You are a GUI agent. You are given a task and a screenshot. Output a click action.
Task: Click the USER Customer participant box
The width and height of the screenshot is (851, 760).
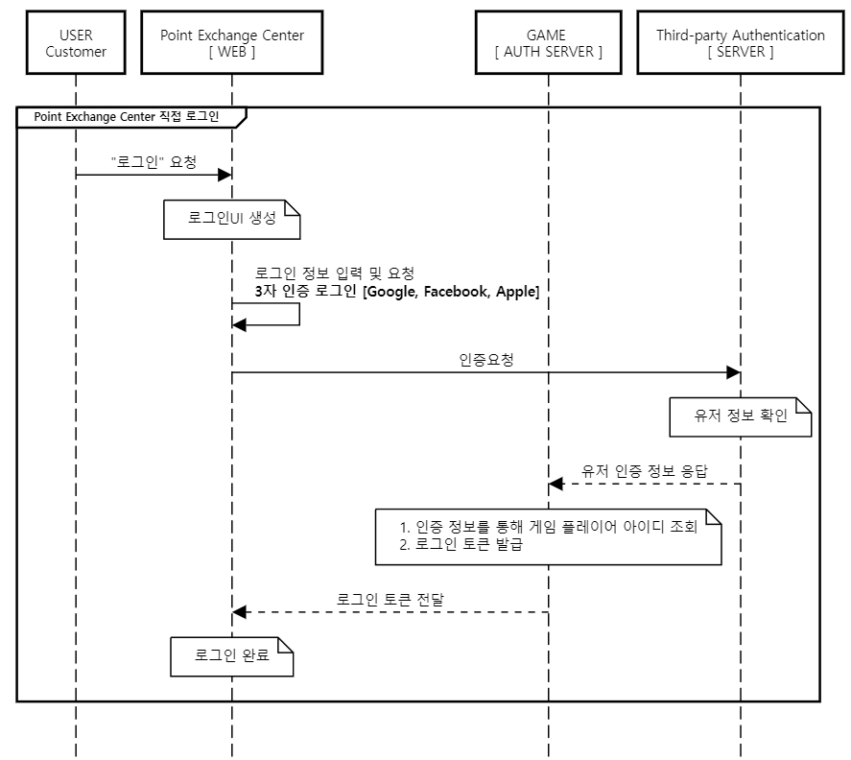[x=76, y=44]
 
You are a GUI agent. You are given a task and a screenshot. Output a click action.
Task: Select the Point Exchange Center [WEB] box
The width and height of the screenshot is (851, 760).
[x=231, y=44]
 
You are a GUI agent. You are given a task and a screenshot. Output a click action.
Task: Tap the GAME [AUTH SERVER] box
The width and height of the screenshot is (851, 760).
[x=548, y=44]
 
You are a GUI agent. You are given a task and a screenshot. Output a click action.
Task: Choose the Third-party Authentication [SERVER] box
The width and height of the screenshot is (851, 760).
[x=740, y=44]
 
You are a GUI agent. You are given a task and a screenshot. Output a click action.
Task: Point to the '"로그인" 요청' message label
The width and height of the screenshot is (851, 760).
[x=154, y=162]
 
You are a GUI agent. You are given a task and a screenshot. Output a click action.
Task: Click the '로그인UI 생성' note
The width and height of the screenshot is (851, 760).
[x=231, y=218]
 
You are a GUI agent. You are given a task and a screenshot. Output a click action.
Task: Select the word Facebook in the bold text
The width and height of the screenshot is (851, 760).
[x=456, y=292]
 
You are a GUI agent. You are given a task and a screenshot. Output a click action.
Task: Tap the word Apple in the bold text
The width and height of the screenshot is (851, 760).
[x=517, y=292]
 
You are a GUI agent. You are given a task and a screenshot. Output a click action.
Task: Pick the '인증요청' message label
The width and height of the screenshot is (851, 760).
[x=486, y=360]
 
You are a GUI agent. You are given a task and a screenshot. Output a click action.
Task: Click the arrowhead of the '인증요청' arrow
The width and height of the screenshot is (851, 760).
[x=733, y=372]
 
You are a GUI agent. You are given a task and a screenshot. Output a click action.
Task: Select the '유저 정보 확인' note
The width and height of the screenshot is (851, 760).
[x=739, y=416]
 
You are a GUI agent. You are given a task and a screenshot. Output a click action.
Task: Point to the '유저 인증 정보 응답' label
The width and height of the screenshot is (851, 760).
[x=644, y=471]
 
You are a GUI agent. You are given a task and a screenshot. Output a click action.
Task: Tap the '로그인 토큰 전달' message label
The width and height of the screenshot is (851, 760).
[x=390, y=600]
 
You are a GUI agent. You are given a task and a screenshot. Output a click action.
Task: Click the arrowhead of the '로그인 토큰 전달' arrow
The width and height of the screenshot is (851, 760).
[x=240, y=612]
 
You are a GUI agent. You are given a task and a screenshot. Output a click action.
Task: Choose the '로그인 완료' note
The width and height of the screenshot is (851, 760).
[x=231, y=656]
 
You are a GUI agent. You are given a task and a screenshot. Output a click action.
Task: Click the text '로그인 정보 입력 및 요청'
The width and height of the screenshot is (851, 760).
[x=334, y=273]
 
